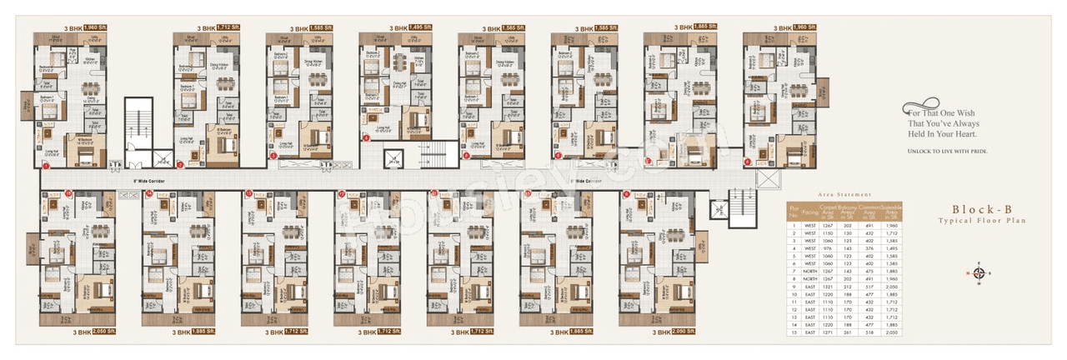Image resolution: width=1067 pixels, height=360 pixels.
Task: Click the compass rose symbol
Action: click(979, 273)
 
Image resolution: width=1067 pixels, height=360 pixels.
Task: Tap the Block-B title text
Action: click(979, 211)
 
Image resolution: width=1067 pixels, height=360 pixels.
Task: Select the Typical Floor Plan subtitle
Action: click(980, 222)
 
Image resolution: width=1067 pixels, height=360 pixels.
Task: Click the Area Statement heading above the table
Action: click(845, 193)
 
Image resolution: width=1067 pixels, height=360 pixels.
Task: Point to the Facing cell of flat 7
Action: click(809, 271)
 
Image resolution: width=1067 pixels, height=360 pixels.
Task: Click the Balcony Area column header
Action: click(846, 212)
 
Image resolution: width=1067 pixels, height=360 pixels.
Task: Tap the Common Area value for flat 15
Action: click(869, 332)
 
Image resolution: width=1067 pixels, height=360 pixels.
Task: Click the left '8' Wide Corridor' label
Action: click(148, 180)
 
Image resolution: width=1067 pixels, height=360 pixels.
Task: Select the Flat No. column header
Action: click(794, 212)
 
